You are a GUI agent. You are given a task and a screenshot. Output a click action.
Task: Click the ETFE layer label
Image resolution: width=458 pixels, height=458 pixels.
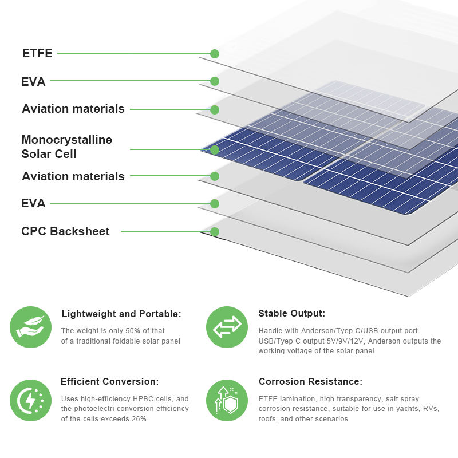point(37,53)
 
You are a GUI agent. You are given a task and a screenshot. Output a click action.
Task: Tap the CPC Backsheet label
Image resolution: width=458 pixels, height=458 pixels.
point(65,231)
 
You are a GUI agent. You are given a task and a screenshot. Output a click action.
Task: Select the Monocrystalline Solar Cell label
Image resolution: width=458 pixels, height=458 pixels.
point(66,147)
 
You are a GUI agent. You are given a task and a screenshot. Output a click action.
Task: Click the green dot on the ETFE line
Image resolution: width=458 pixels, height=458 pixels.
point(215,54)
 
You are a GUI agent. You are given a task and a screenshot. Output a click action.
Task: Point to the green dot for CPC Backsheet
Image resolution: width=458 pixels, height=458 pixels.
point(215,232)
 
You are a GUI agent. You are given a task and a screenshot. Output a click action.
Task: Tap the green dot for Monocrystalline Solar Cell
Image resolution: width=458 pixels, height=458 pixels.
point(215,149)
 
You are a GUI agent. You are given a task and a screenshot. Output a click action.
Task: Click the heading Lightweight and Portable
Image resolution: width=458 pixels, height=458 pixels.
point(121,314)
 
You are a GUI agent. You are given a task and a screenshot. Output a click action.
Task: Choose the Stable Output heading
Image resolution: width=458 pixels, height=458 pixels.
point(291,314)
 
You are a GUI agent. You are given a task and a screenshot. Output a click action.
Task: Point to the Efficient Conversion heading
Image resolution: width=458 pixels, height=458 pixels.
point(109,381)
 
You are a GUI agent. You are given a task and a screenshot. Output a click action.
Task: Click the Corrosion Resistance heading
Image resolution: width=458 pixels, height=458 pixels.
point(310,381)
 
